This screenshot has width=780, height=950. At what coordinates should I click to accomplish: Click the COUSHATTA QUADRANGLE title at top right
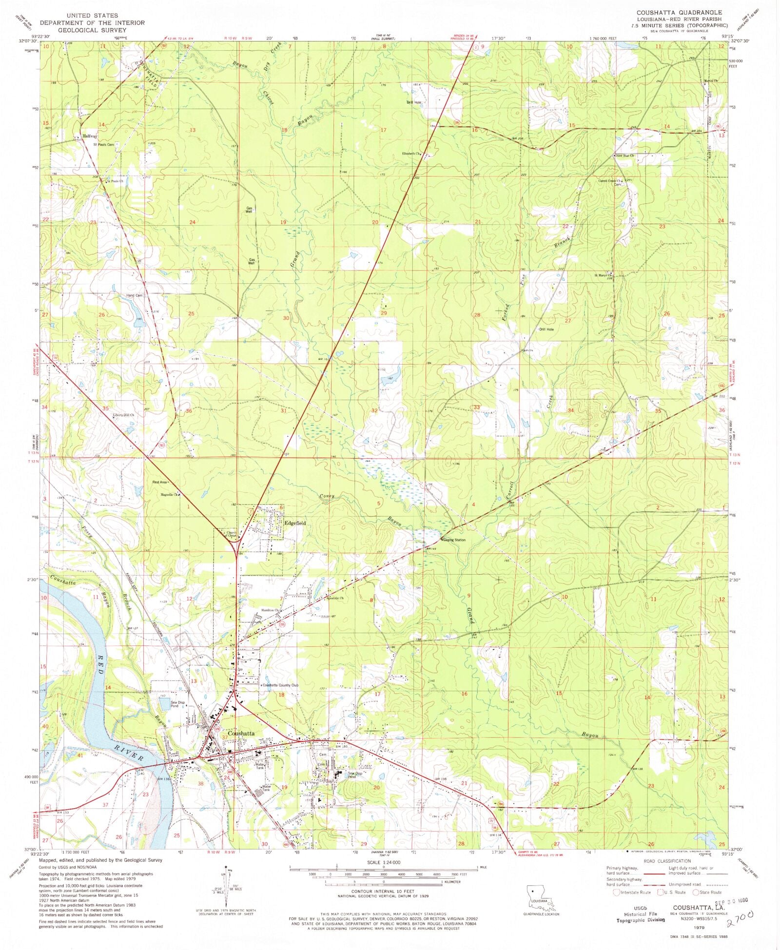point(679,12)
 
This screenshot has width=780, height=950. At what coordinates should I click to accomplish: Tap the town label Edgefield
point(295,523)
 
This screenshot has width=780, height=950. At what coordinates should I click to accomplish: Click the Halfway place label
point(90,136)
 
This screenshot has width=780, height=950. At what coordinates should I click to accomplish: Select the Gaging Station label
point(454,540)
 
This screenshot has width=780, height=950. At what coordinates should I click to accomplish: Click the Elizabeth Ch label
point(411,154)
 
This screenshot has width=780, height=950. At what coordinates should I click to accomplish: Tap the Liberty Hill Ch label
point(123,415)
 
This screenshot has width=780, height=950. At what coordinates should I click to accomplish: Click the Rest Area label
point(159,482)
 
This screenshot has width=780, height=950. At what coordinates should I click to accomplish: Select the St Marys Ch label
point(603,275)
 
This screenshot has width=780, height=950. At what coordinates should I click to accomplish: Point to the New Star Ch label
point(624,155)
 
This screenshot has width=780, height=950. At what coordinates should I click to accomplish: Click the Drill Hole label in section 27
point(546,330)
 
